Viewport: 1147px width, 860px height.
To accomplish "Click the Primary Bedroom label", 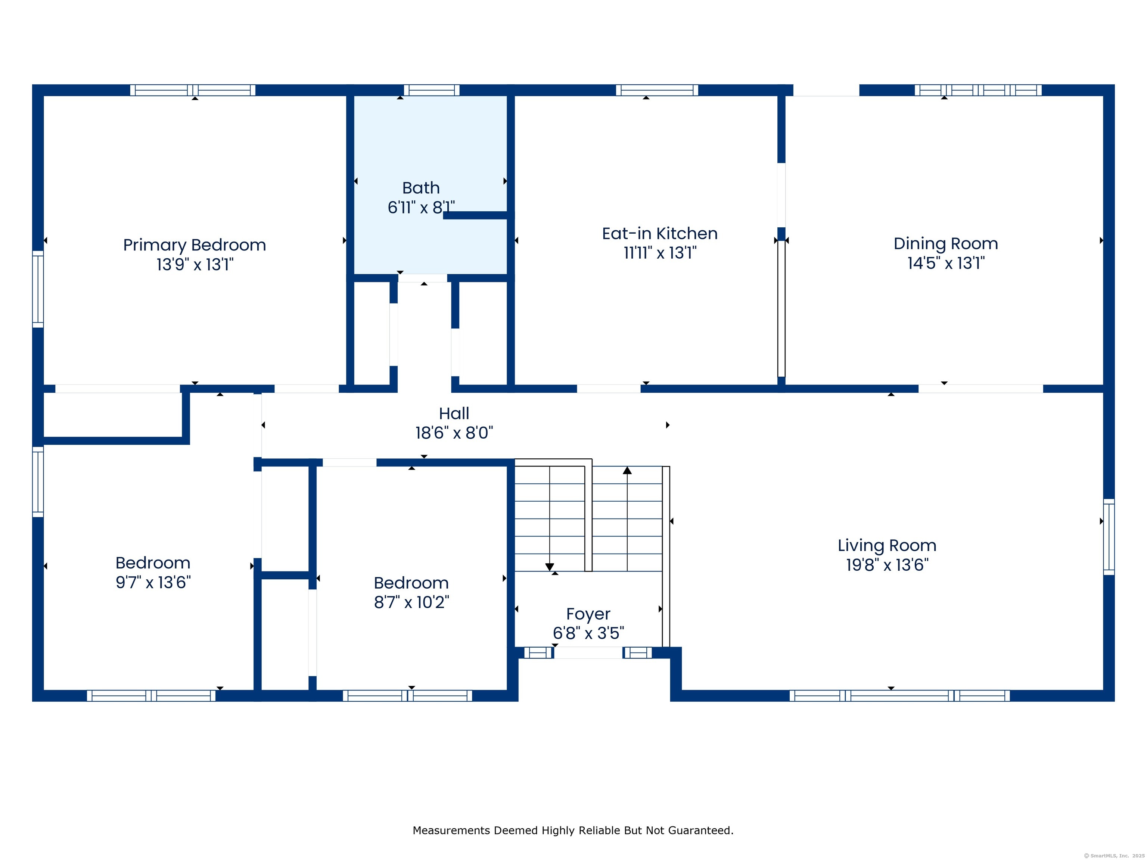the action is pos(195,245).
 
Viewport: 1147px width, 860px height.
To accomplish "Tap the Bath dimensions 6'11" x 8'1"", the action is pos(421,208).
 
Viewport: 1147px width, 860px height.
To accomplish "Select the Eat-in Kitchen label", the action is pos(660,233).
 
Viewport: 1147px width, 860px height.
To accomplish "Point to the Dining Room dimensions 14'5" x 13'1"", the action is pos(946,263).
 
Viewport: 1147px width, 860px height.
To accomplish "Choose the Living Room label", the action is pos(887,546).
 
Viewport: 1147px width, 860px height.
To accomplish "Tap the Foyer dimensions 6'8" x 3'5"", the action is pos(588,633).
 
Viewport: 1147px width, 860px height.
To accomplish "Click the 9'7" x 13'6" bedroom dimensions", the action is pos(153,582).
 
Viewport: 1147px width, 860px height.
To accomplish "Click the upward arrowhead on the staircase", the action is pos(627,470).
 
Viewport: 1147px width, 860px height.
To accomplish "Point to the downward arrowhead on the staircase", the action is pos(550,567).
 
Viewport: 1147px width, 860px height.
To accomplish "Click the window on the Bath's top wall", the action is pos(431,90).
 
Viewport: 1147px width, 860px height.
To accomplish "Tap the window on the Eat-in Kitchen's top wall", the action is pos(657,90).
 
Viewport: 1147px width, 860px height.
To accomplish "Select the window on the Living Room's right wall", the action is pos(1109,537).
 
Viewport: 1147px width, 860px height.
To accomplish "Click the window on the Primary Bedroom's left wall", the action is pos(38,289).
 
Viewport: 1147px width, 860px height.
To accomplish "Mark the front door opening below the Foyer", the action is pos(588,652).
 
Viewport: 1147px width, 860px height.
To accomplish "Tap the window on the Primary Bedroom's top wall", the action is pos(192,90).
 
